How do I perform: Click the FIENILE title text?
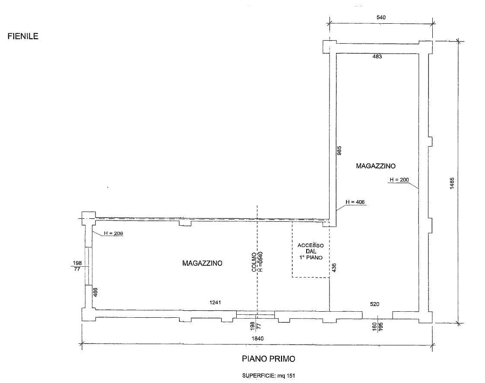pyautogui.click(x=23, y=36)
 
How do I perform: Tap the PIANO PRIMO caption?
pyautogui.click(x=269, y=359)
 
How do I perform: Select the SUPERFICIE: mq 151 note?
pyautogui.click(x=269, y=376)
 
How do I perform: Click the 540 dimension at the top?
pyautogui.click(x=381, y=17)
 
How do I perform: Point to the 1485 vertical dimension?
pyautogui.click(x=452, y=183)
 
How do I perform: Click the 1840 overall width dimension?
pyautogui.click(x=257, y=338)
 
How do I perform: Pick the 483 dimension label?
pyautogui.click(x=377, y=57)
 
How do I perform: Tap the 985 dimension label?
pyautogui.click(x=339, y=150)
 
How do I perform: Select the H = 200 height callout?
pyautogui.click(x=399, y=179)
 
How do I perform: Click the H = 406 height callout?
pyautogui.click(x=355, y=202)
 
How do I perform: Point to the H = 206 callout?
pyautogui.click(x=113, y=233)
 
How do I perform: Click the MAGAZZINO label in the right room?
pyautogui.click(x=375, y=166)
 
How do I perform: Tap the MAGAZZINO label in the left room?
pyautogui.click(x=202, y=263)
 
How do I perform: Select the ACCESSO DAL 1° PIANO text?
pyautogui.click(x=311, y=252)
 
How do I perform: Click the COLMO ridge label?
pyautogui.click(x=254, y=262)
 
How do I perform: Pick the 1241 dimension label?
pyautogui.click(x=215, y=303)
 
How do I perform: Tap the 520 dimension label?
pyautogui.click(x=374, y=304)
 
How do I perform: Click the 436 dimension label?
pyautogui.click(x=334, y=268)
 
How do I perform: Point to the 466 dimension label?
pyautogui.click(x=95, y=293)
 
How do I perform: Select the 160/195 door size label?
pyautogui.click(x=377, y=326)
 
